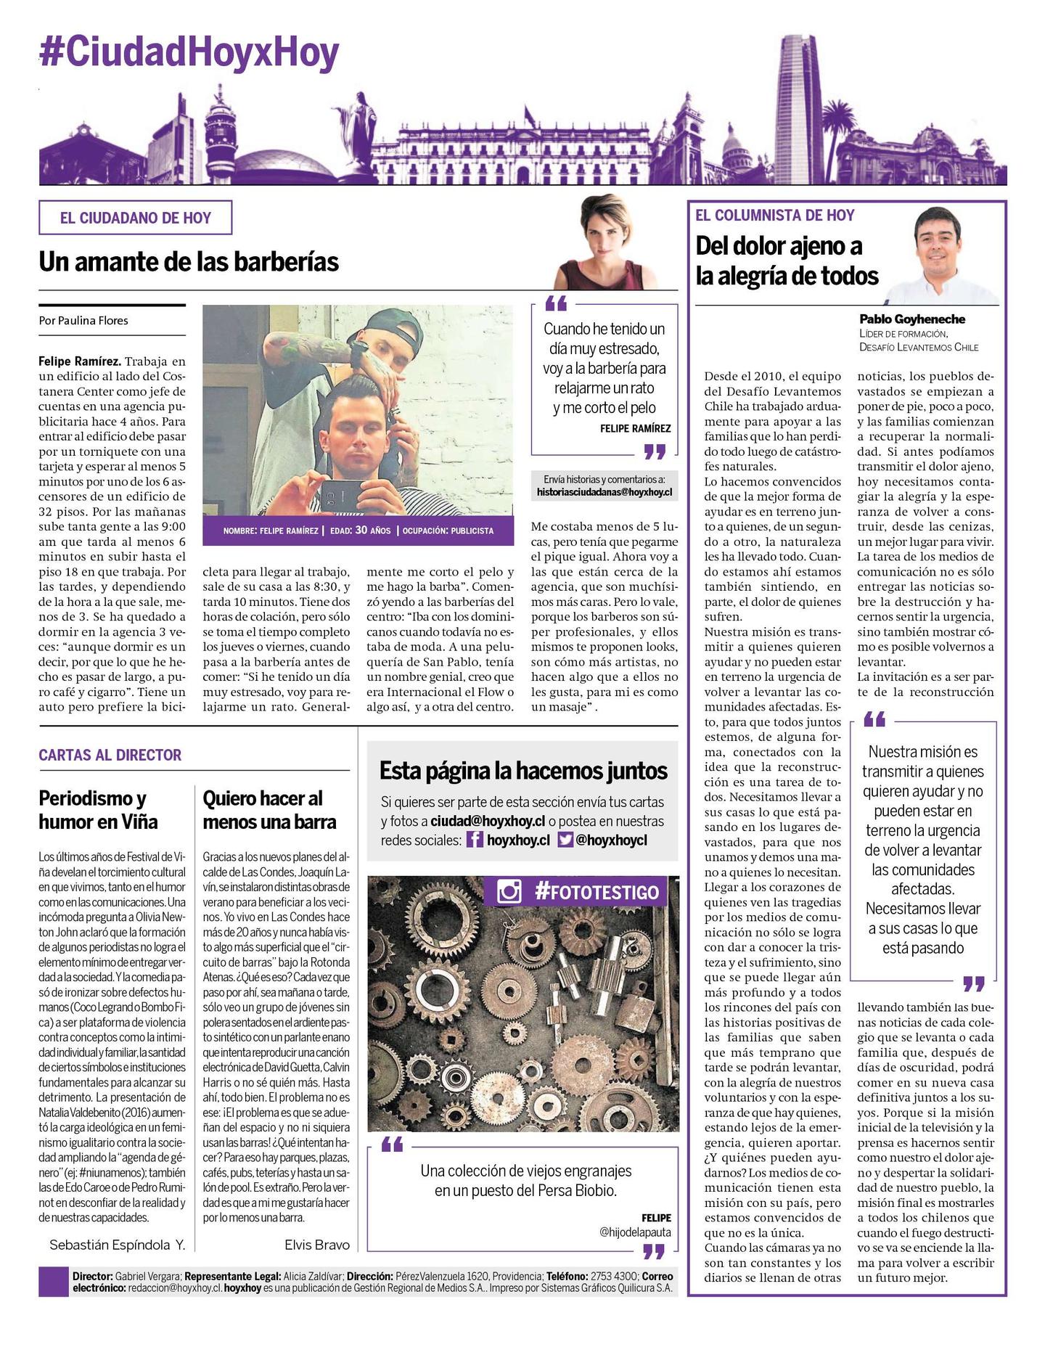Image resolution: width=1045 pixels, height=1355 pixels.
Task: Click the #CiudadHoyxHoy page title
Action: [189, 52]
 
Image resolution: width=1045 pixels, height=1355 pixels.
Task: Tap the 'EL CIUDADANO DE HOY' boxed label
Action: [135, 218]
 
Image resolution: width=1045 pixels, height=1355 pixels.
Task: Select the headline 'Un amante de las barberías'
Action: [189, 261]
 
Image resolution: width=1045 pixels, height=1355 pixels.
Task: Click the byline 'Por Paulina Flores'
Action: [83, 320]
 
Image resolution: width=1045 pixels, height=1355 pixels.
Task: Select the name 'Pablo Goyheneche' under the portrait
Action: [912, 319]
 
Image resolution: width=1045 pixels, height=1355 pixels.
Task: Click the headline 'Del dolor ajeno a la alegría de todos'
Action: [787, 261]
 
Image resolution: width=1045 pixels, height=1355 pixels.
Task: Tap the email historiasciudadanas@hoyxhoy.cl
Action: [605, 492]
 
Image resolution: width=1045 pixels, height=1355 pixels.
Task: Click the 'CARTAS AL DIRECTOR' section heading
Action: [110, 755]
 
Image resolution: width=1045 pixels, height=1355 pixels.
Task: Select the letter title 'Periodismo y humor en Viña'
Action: [98, 810]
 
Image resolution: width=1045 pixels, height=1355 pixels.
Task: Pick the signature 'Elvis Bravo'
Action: [317, 1245]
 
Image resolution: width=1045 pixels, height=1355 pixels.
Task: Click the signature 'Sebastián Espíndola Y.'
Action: [118, 1245]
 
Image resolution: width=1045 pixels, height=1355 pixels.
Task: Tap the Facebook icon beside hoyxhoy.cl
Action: [475, 840]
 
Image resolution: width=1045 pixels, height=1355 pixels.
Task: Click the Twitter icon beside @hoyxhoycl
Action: [565, 840]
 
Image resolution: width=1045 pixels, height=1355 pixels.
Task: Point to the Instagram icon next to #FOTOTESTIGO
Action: [509, 891]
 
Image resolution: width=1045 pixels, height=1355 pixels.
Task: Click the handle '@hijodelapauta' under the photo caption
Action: [636, 1232]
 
